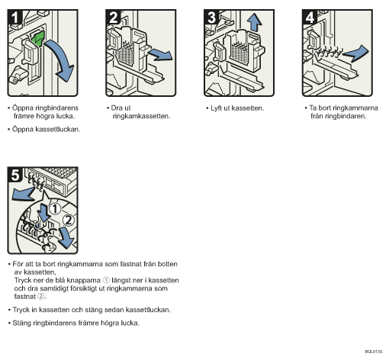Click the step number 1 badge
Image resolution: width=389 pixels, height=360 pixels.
pos(15,17)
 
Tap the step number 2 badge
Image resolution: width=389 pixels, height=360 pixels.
pos(113,17)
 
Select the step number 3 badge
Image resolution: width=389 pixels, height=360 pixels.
pos(211,17)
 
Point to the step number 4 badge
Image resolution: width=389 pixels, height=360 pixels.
pos(310,17)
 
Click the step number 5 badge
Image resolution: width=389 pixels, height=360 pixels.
pos(15,175)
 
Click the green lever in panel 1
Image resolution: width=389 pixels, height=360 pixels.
pos(38,38)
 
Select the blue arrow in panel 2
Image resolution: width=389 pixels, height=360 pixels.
pos(160,55)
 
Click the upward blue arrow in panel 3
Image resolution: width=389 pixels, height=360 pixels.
pos(254,22)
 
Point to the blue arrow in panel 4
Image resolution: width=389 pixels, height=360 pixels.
pos(356,53)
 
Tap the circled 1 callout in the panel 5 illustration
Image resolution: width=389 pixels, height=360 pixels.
pos(55,209)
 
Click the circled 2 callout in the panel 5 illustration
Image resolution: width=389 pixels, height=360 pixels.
pos(69,220)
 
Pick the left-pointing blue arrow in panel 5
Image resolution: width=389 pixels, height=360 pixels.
pos(23,194)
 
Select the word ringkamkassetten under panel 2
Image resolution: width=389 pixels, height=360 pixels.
pos(140,116)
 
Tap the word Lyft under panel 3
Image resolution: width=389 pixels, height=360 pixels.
pos(216,108)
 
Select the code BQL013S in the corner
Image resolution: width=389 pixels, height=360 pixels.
pos(374,352)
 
